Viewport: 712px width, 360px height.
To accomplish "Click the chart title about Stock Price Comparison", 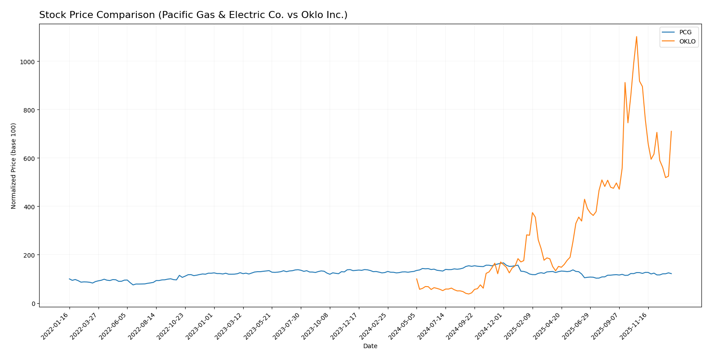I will coord(193,15).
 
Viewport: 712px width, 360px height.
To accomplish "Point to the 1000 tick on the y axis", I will coord(27,62).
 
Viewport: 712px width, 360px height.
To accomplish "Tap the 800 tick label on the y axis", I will coord(29,110).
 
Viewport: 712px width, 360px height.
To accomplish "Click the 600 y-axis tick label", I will coord(29,158).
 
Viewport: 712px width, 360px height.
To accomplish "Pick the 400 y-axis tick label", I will coord(29,207).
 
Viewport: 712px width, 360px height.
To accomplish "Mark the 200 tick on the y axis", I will coord(29,255).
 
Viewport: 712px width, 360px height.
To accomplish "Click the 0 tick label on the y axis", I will coord(33,303).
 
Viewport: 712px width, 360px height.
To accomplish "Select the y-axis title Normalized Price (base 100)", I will coord(14,166).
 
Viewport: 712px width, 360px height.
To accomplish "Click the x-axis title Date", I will coord(370,346).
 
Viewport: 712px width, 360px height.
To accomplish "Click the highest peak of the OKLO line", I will coord(636,36).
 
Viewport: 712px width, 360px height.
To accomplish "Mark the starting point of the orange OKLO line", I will coord(416,279).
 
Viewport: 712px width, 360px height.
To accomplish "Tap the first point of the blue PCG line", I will coord(69,279).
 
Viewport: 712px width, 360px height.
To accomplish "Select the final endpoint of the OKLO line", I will coord(671,131).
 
